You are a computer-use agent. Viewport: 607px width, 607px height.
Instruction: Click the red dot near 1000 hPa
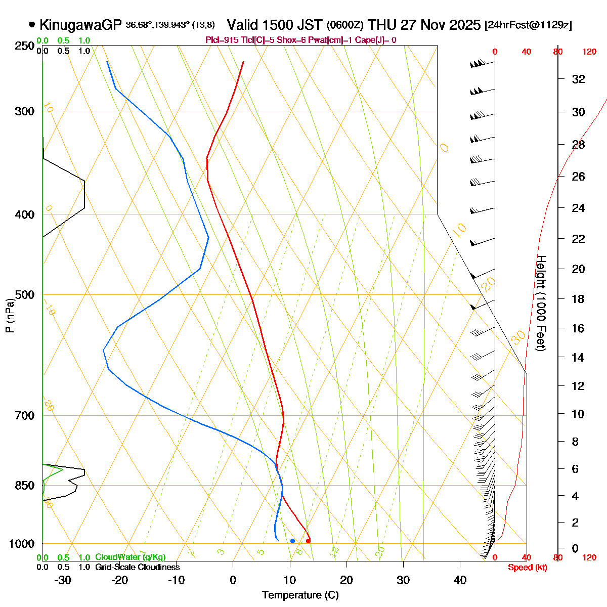pyautogui.click(x=308, y=541)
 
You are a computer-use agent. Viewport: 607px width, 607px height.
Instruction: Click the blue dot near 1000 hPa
pyautogui.click(x=292, y=541)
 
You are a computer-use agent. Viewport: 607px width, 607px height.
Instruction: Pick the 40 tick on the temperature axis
pyautogui.click(x=460, y=580)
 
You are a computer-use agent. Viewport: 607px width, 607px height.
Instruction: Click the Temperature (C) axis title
pyautogui.click(x=300, y=595)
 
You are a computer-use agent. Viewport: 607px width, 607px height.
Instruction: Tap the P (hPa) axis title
pyautogui.click(x=10, y=316)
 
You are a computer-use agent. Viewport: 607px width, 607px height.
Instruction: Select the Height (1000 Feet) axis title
pyautogui.click(x=541, y=303)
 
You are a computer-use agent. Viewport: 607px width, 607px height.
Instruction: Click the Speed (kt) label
pyautogui.click(x=527, y=568)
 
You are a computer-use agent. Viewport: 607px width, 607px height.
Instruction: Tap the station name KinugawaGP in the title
pyautogui.click(x=80, y=25)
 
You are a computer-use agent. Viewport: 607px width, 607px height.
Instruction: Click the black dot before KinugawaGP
pyautogui.click(x=32, y=24)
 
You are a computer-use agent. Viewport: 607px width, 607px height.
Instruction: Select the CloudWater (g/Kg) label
pyautogui.click(x=130, y=557)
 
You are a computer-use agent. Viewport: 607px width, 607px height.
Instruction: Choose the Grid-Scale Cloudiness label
pyautogui.click(x=137, y=567)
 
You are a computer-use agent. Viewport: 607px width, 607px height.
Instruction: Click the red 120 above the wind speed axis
pyautogui.click(x=589, y=52)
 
